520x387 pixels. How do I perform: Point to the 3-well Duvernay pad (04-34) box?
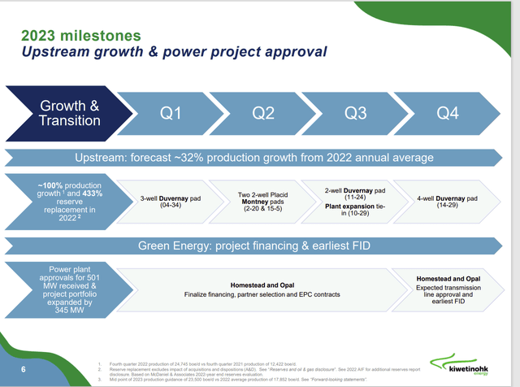click(x=171, y=201)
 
